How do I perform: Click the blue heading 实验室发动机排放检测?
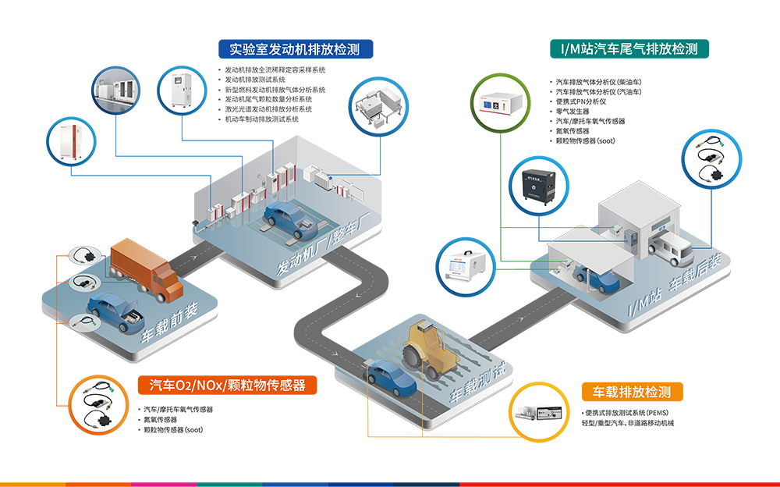coord(296,49)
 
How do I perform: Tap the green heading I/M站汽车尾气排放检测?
coord(629,49)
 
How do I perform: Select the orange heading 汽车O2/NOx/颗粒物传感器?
coord(227,385)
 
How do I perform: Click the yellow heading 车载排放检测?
coord(632,392)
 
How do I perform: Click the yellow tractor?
coord(429,350)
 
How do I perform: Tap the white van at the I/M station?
coord(671,249)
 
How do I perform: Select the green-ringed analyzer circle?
coord(501,103)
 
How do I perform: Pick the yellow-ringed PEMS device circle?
coord(539,412)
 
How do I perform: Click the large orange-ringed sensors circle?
coord(98,404)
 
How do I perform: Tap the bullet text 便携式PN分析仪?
coord(580,101)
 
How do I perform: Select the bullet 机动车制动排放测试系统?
coord(261,119)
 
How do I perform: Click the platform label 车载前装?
coord(169,322)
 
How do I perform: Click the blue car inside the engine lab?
coord(290,219)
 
